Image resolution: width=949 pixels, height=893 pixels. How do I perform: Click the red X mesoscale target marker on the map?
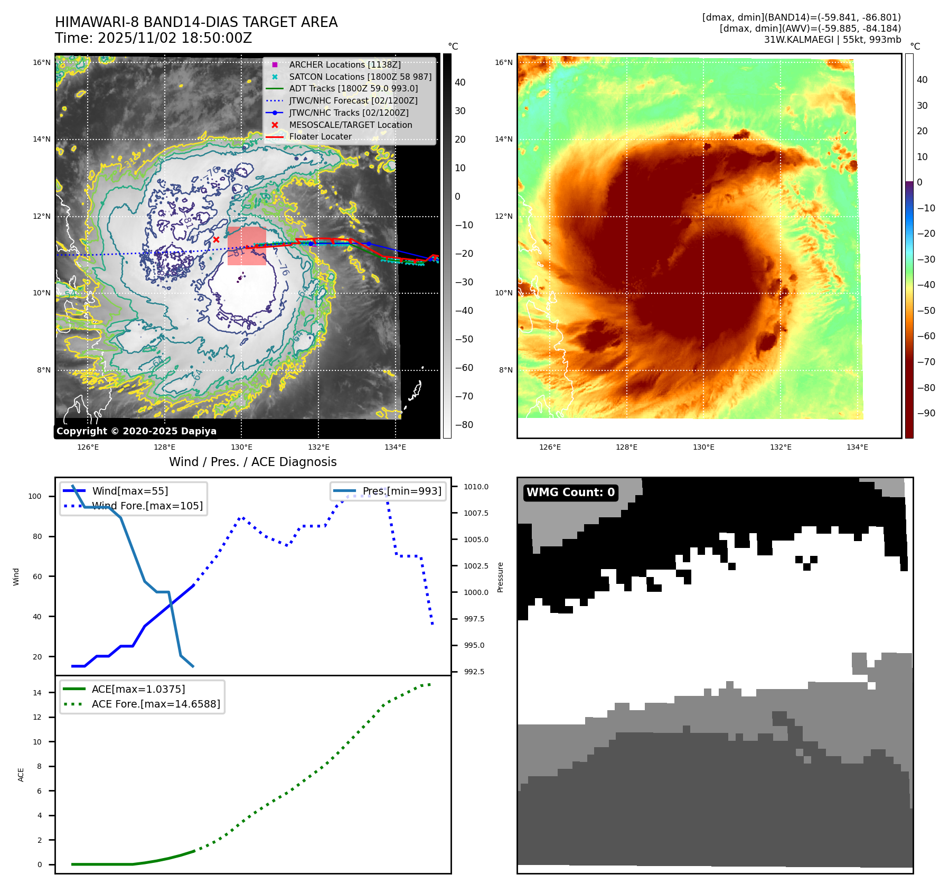point(216,240)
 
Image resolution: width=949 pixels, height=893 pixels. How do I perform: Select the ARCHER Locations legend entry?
point(344,64)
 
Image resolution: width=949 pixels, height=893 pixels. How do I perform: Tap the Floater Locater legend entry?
point(320,136)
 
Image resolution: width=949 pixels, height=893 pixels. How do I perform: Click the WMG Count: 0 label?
point(570,492)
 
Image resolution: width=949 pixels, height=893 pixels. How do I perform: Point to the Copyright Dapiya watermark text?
point(136,431)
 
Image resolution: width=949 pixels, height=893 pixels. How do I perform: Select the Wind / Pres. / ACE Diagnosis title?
point(252,462)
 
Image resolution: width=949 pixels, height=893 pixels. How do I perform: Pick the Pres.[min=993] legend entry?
point(401,491)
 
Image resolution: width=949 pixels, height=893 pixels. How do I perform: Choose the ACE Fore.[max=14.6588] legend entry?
point(156,704)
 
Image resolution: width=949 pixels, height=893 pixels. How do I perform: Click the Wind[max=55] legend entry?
point(130,491)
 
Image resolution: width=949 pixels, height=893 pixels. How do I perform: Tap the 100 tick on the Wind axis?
point(35,496)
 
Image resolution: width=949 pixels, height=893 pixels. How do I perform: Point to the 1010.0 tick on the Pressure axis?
point(476,487)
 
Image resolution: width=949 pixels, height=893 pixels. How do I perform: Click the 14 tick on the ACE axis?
point(37,693)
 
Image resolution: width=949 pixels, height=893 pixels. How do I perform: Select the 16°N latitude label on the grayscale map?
point(42,62)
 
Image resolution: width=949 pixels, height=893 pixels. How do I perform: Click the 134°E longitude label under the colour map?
point(857,447)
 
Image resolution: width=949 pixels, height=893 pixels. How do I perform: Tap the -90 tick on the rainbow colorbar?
point(926,413)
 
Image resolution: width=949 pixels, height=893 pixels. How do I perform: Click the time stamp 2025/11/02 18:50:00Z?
point(174,39)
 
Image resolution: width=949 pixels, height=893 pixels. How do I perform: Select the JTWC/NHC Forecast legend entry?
point(353,100)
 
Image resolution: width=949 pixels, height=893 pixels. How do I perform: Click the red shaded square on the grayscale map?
point(247,246)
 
